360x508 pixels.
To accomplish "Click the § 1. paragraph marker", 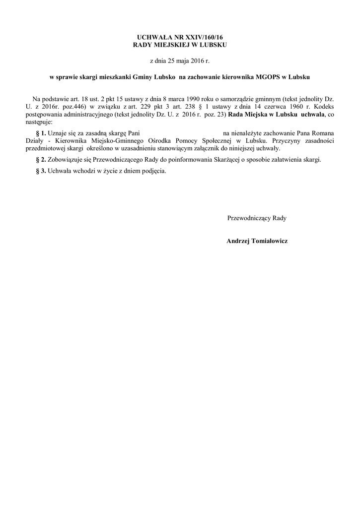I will point(41,133).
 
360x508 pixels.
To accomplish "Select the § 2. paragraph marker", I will point(41,160).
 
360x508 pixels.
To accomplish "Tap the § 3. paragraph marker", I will point(41,171).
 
